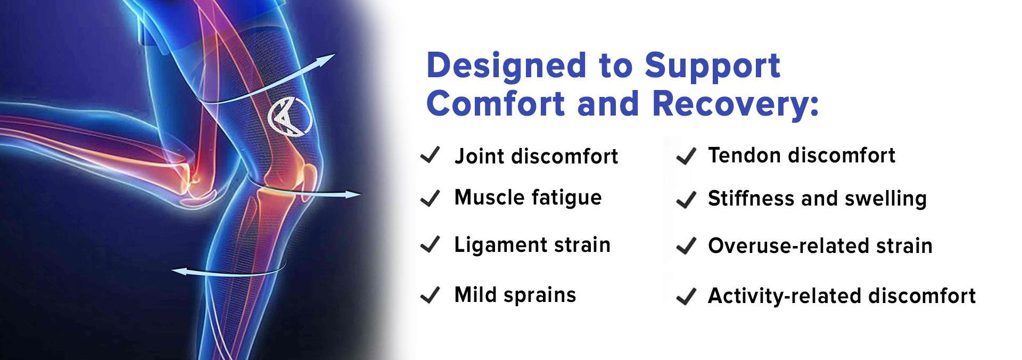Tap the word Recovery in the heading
click(735, 104)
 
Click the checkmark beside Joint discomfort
click(430, 156)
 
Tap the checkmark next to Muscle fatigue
click(430, 198)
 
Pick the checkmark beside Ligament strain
click(430, 245)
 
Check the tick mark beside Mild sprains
click(430, 294)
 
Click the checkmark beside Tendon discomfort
click(686, 157)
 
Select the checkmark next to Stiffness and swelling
click(686, 200)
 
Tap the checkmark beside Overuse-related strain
click(686, 246)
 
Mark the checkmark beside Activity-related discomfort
click(686, 296)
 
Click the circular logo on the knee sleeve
click(289, 117)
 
